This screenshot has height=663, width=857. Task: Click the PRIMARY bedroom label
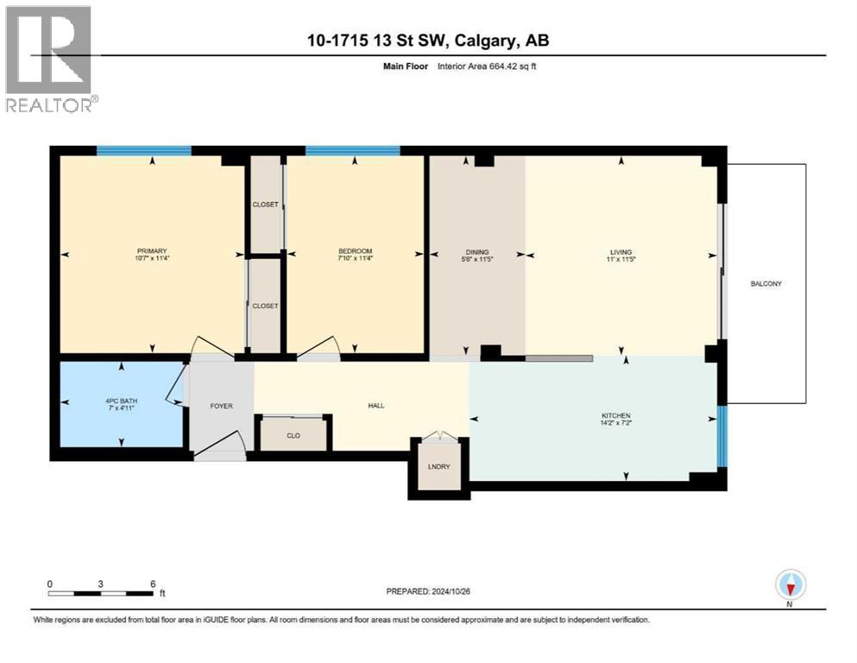(x=150, y=250)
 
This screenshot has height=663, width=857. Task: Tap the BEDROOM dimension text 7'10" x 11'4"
(x=355, y=258)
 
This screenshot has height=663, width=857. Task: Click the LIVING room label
(x=621, y=250)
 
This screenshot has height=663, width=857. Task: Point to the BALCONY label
(x=766, y=283)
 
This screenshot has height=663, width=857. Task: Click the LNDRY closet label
(x=438, y=467)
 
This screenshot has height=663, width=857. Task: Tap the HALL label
(x=375, y=405)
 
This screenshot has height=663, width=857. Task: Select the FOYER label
(x=221, y=405)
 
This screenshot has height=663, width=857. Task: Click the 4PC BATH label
(x=120, y=401)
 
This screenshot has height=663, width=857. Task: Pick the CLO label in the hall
(x=293, y=435)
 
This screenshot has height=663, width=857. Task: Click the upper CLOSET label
(x=265, y=205)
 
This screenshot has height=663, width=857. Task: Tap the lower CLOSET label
(x=264, y=306)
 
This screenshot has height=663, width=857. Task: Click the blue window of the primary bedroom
(x=143, y=151)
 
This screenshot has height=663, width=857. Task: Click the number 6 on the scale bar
(x=153, y=584)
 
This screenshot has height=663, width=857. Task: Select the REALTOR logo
(x=49, y=58)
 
